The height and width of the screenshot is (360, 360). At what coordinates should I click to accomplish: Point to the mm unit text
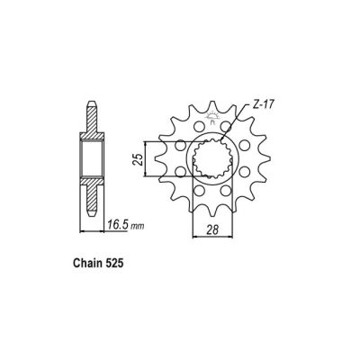click(x=127, y=223)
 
